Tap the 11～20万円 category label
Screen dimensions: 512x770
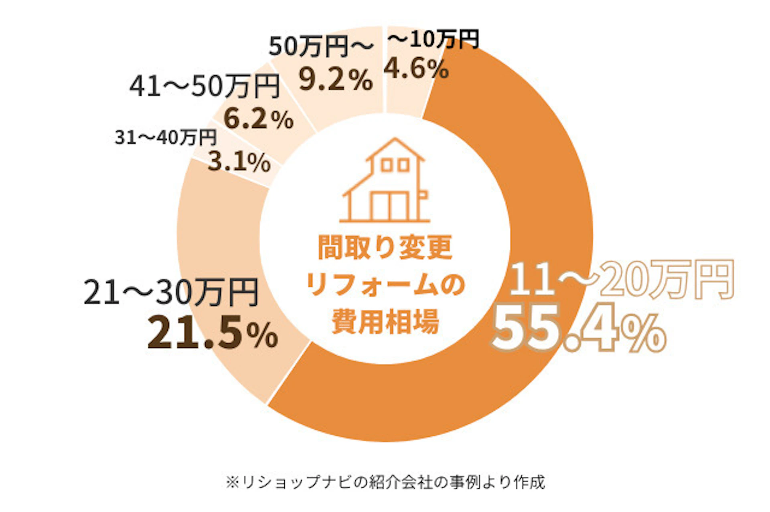[x=622, y=280]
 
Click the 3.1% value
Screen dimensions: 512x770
[x=239, y=162]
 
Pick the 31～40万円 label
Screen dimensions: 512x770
[x=166, y=137]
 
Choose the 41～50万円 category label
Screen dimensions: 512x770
[x=205, y=86]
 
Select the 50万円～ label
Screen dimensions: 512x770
[x=321, y=46]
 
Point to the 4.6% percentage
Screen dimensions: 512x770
[x=416, y=69]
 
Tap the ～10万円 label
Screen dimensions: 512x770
[x=434, y=40]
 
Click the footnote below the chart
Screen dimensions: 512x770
[x=385, y=482]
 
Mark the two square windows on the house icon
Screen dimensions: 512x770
[x=395, y=165]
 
